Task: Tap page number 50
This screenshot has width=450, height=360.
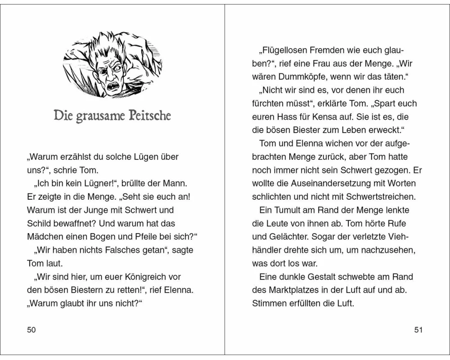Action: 31,330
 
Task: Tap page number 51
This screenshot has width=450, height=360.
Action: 418,330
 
